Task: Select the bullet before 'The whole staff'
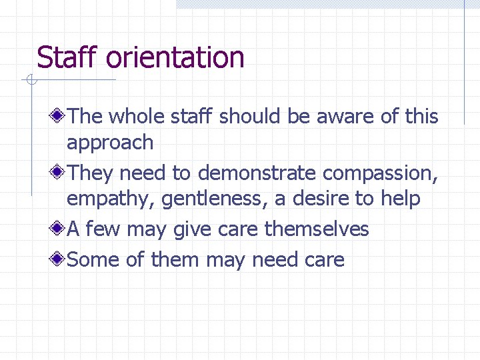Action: pos(59,117)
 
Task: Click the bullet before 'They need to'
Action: pos(59,173)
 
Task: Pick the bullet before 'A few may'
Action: pos(59,230)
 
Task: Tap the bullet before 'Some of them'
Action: pos(59,259)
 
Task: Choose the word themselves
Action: pos(317,230)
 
